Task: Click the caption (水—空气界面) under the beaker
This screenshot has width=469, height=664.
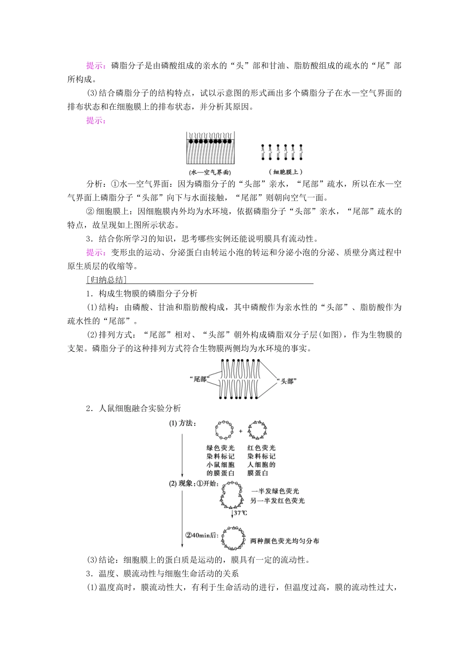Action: (x=210, y=173)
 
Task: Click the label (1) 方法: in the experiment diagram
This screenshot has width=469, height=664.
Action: (x=183, y=423)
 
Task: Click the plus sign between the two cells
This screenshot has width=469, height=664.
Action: (x=241, y=431)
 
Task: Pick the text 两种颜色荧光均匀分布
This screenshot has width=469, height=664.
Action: (x=284, y=541)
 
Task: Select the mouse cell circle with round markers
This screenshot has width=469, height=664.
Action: (x=224, y=430)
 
